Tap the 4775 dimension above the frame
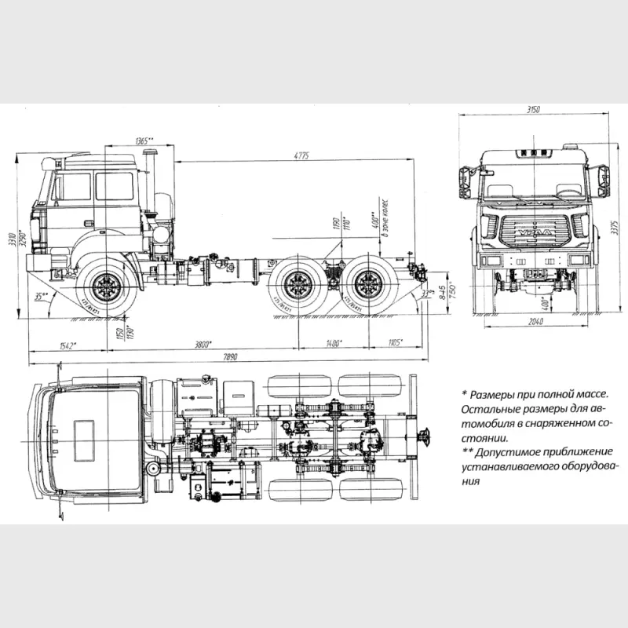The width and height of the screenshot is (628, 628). pos(301,155)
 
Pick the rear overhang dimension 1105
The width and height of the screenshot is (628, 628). pos(394,342)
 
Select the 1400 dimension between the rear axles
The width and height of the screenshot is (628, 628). pos(334,342)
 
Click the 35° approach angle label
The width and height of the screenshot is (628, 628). pos(42,296)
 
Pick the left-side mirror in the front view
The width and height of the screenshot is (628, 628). pos(462,181)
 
